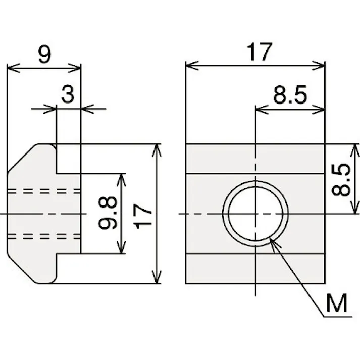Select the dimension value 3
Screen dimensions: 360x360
click(x=68, y=94)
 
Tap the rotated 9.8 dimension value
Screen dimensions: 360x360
click(x=109, y=214)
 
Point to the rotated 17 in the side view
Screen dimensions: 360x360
click(x=144, y=214)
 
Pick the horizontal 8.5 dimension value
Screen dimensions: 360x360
click(x=290, y=95)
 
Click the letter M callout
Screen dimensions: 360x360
click(x=337, y=304)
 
